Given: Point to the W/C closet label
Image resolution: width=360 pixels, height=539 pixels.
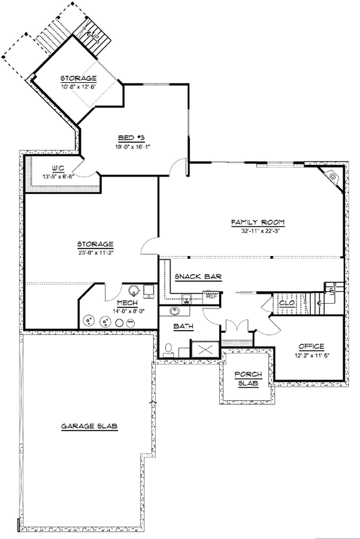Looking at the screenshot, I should point(58,168).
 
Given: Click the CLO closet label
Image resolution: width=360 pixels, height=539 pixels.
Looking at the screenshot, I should point(287,303).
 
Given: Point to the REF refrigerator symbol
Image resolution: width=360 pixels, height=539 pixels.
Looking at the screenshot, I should point(211,296).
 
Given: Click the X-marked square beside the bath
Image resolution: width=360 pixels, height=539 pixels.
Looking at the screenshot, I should point(205,349).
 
